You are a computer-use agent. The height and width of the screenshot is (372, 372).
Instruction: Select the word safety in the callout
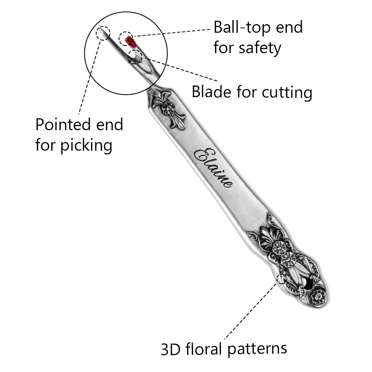click(x=261, y=48)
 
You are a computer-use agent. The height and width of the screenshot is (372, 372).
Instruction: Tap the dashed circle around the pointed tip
click(x=103, y=33)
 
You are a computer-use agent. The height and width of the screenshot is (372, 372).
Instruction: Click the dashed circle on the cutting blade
click(x=135, y=57)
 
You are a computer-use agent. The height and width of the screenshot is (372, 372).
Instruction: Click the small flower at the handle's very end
click(x=318, y=296)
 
